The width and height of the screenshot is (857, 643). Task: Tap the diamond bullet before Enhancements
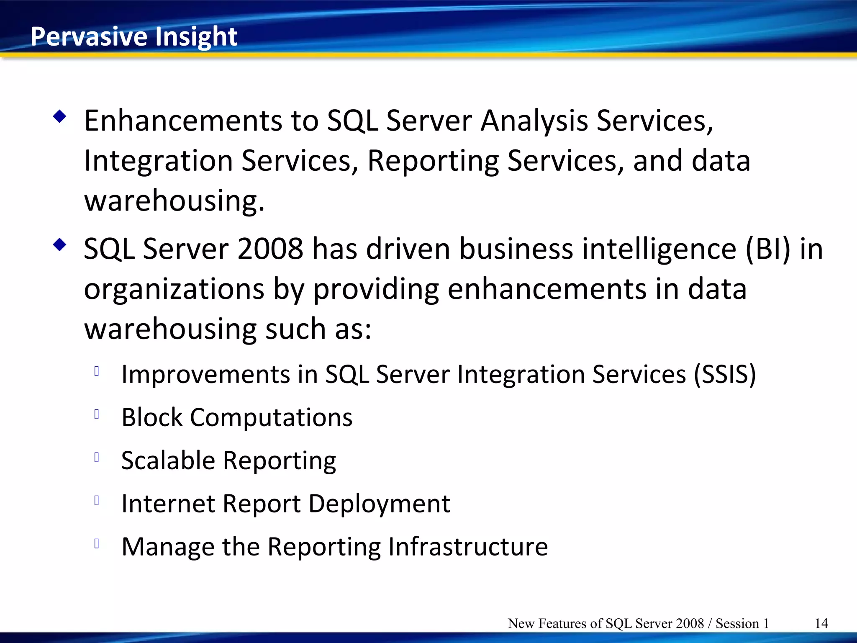60,117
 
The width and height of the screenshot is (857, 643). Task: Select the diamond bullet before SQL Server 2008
60,245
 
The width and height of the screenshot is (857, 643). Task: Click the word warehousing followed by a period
174,201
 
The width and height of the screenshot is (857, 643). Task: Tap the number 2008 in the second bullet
270,249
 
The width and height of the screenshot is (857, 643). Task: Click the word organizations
174,289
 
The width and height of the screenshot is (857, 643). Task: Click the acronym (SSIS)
725,374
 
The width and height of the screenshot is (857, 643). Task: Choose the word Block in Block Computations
152,417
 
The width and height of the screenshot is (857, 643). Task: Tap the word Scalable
168,460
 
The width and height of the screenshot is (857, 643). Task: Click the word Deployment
379,504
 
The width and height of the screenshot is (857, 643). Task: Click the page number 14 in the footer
821,623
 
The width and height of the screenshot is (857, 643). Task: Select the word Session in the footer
737,623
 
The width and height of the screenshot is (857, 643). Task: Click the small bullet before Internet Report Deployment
97,500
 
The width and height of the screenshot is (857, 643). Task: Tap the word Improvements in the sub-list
205,374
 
